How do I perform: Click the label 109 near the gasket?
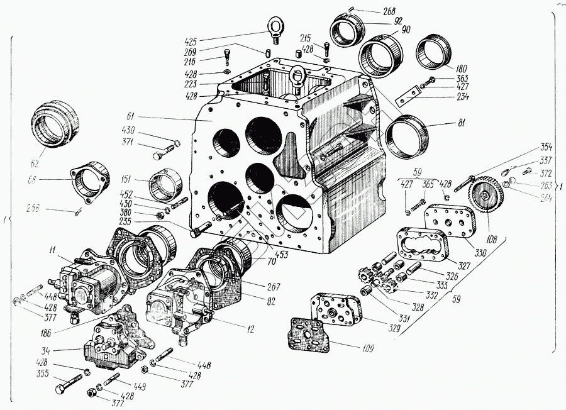point(367,347)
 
